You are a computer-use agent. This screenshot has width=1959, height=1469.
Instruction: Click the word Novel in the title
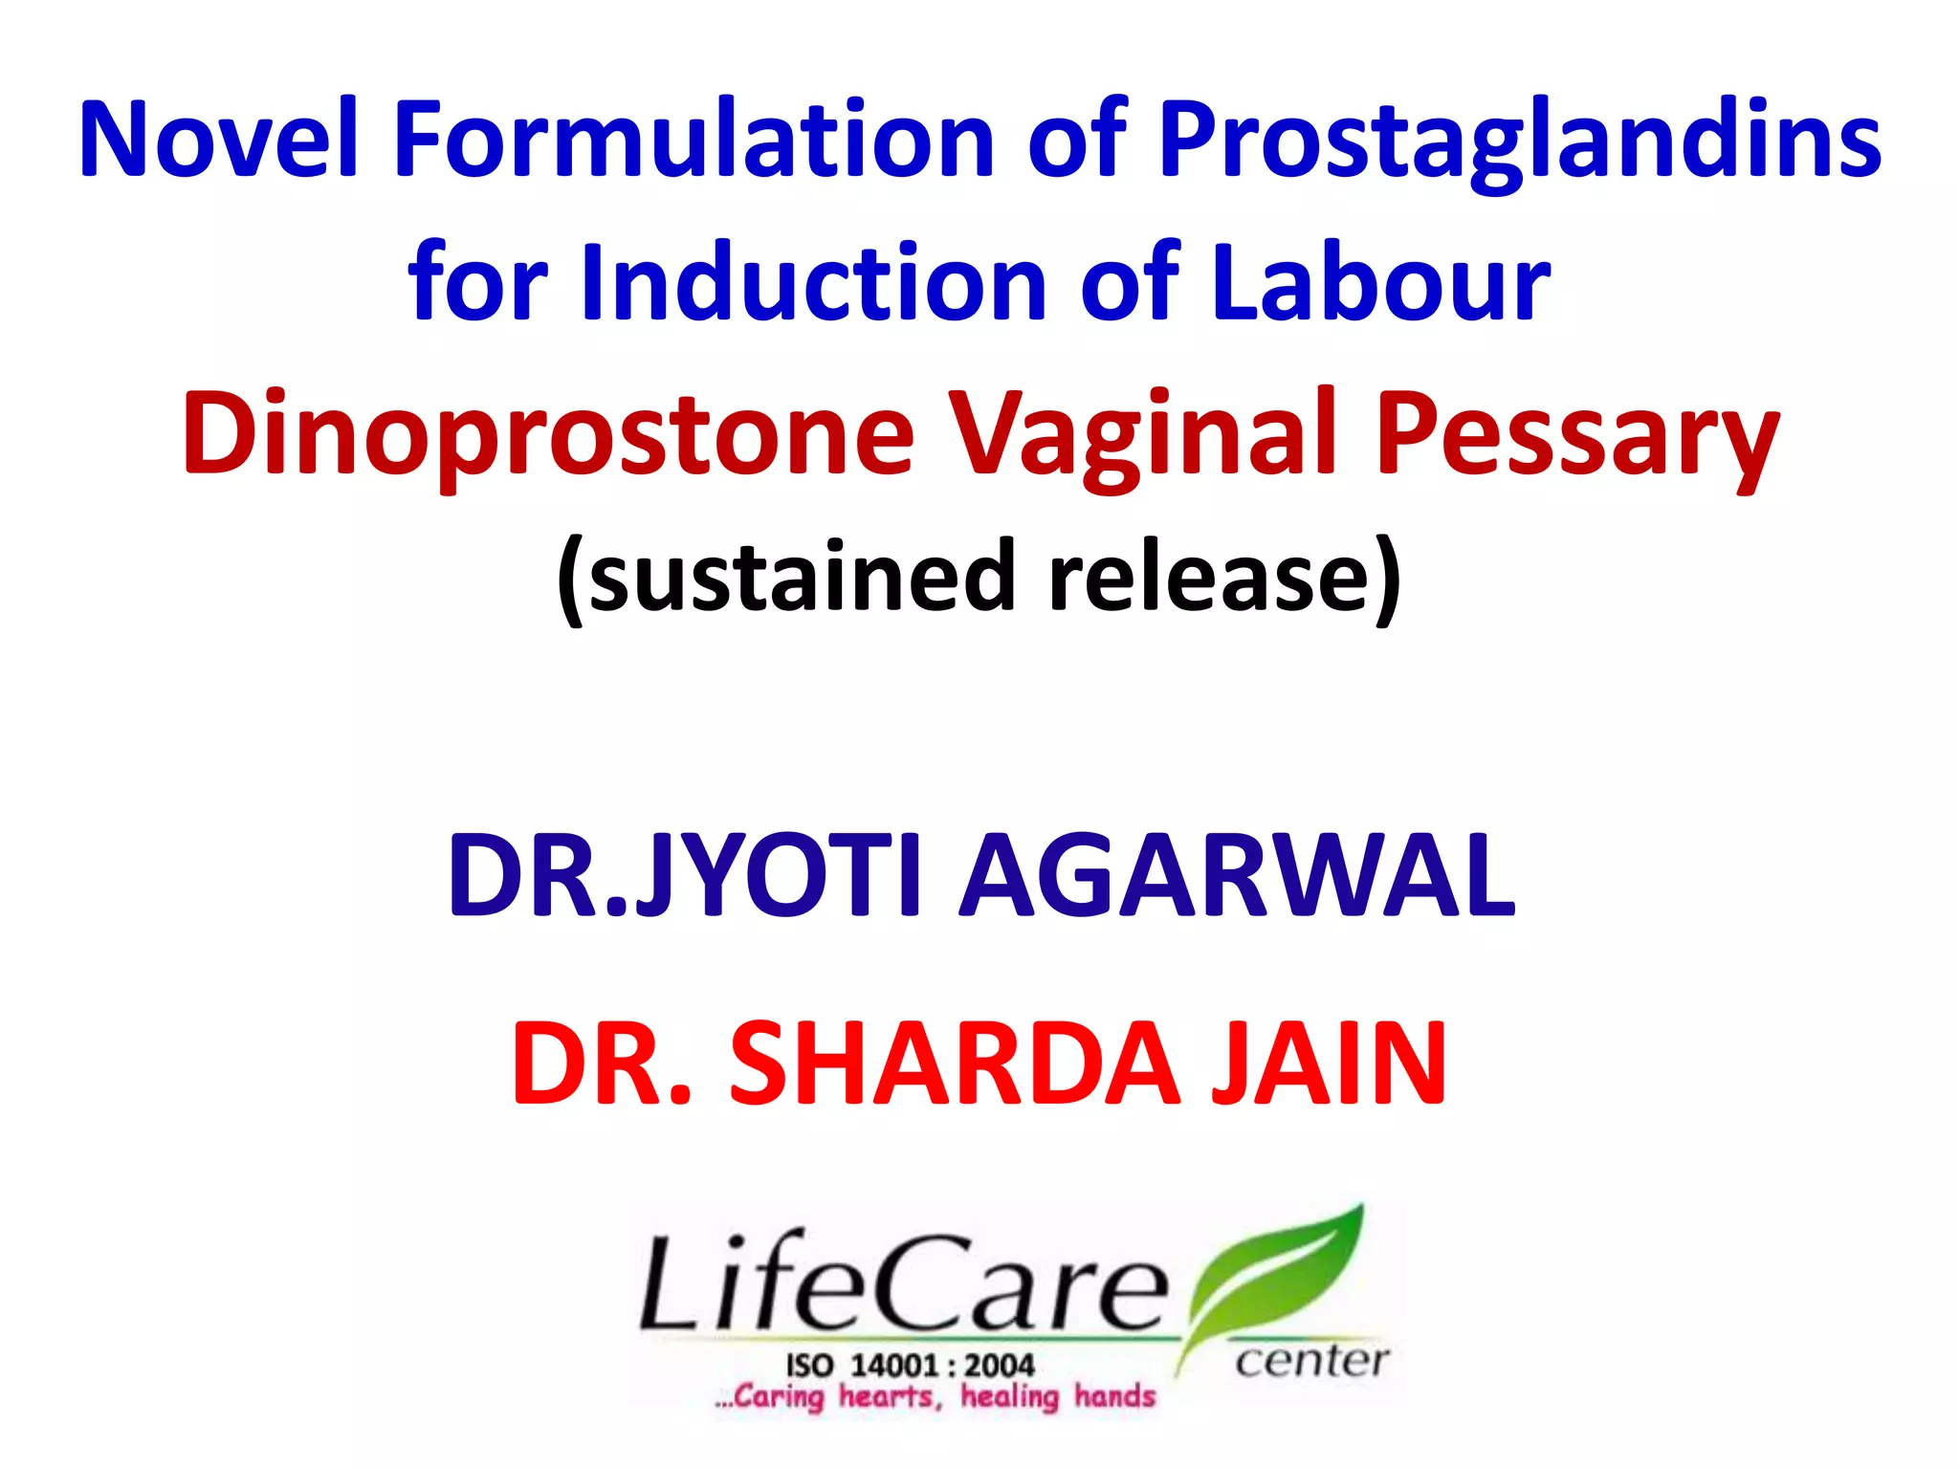(x=218, y=139)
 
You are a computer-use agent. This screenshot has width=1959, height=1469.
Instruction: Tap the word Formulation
(x=694, y=139)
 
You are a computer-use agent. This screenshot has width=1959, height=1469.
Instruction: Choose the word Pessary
(x=1577, y=435)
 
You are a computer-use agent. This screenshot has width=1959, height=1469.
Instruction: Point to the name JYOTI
(x=780, y=875)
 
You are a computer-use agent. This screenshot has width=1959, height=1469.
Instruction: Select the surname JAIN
(x=1329, y=1063)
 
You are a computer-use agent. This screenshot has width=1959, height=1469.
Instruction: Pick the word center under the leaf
(x=1311, y=1360)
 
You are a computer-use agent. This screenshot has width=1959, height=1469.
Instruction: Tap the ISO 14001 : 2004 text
(x=910, y=1365)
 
